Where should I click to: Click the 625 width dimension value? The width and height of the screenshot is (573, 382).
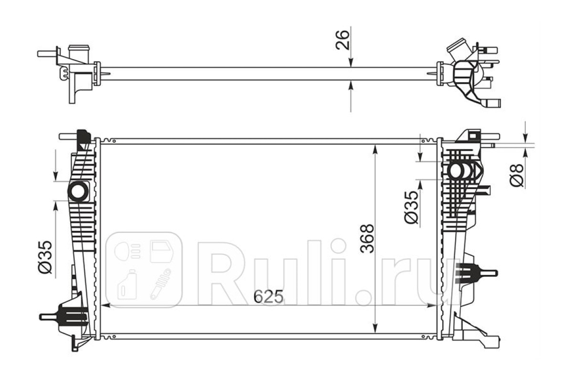268,296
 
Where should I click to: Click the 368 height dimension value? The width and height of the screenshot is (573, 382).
367,238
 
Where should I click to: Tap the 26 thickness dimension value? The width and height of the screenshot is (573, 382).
342,40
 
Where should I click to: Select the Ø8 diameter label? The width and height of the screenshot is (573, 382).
517,175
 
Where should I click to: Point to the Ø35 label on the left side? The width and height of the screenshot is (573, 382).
45,257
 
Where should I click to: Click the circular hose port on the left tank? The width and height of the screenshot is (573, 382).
78,191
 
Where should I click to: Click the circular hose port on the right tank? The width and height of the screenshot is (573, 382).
456,171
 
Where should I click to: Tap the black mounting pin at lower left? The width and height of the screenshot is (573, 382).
64,317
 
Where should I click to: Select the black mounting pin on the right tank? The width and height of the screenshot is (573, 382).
475,274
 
